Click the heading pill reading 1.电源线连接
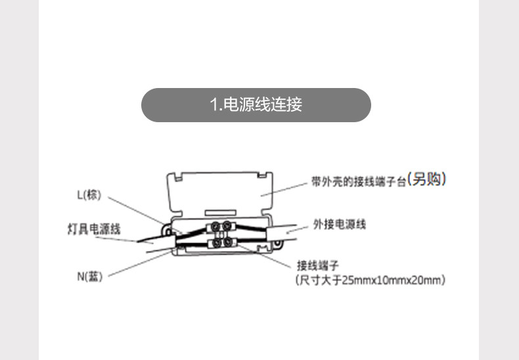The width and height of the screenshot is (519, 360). (256, 105)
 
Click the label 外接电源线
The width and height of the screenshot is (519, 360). (339, 225)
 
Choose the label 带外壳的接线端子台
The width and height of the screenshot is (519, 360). (358, 181)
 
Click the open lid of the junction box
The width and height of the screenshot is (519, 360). (220, 191)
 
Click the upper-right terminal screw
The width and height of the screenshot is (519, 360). (227, 227)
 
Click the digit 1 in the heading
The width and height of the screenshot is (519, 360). (212, 105)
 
